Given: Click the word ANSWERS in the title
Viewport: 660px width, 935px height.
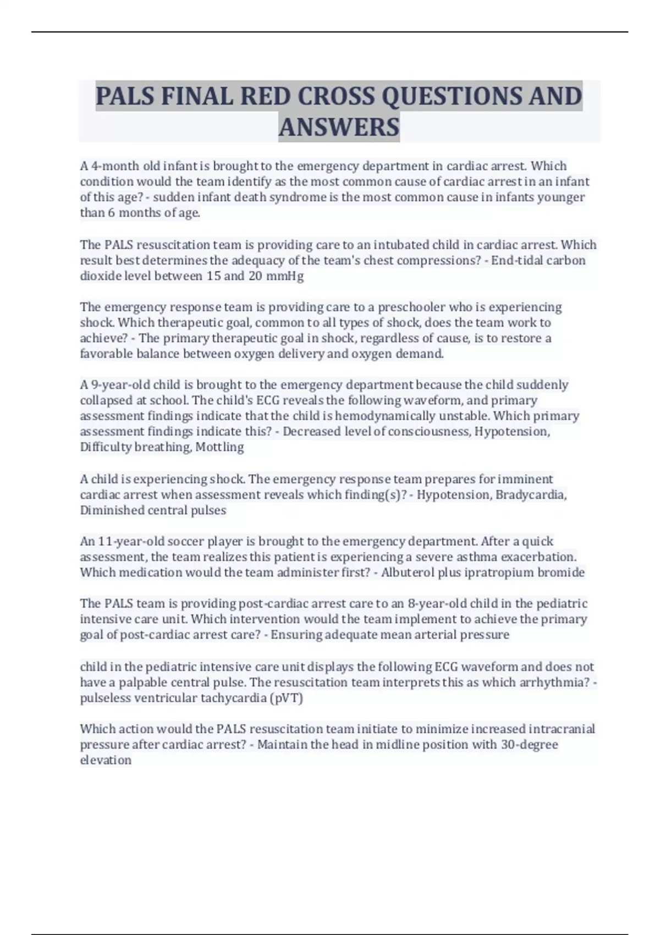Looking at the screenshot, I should pyautogui.click(x=339, y=127).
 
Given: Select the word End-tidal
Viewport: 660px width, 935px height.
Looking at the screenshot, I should pyautogui.click(x=516, y=260).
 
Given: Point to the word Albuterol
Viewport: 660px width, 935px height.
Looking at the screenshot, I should pyautogui.click(x=407, y=572).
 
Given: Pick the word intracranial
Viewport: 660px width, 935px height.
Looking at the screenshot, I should pyautogui.click(x=562, y=729).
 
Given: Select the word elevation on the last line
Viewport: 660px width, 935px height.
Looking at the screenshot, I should pyautogui.click(x=106, y=760).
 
